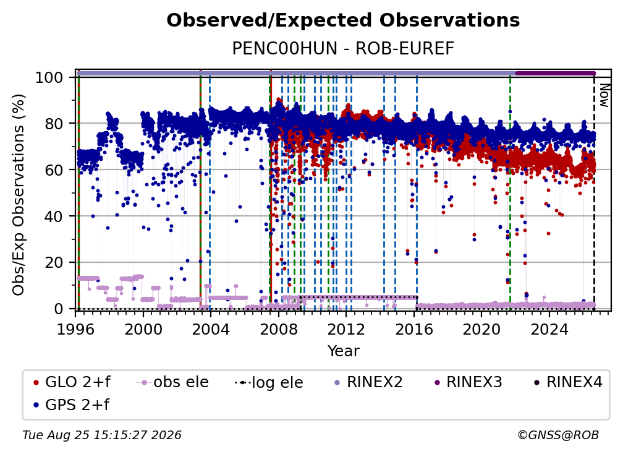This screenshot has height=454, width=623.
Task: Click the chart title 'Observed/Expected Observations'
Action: point(343,20)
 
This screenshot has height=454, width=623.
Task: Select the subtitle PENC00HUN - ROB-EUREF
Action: point(343,48)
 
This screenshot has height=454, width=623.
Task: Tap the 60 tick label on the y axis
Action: point(54,169)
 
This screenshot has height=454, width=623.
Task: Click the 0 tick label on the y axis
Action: point(59,309)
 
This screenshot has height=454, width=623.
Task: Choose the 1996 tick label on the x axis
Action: point(75,330)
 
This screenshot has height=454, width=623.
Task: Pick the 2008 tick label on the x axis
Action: point(278,330)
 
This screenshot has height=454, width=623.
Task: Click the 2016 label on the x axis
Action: point(413,330)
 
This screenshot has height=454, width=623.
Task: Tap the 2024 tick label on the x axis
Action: point(549,330)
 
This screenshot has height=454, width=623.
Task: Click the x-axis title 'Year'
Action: point(343,351)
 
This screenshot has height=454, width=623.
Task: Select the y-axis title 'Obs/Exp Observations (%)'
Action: point(19,195)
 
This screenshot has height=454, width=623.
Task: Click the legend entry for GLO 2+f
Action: point(72,382)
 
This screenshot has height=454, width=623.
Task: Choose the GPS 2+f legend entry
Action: point(72,405)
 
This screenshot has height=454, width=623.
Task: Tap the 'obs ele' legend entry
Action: point(172,382)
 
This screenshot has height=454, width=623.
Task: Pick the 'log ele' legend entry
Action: point(269,383)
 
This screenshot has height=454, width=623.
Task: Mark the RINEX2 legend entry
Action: point(369,382)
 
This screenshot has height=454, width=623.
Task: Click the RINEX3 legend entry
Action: point(468,382)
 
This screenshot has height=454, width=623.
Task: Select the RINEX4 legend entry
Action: point(568,382)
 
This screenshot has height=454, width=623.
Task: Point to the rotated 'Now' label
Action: point(604,95)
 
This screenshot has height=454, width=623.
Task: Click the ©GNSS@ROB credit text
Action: point(558,435)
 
